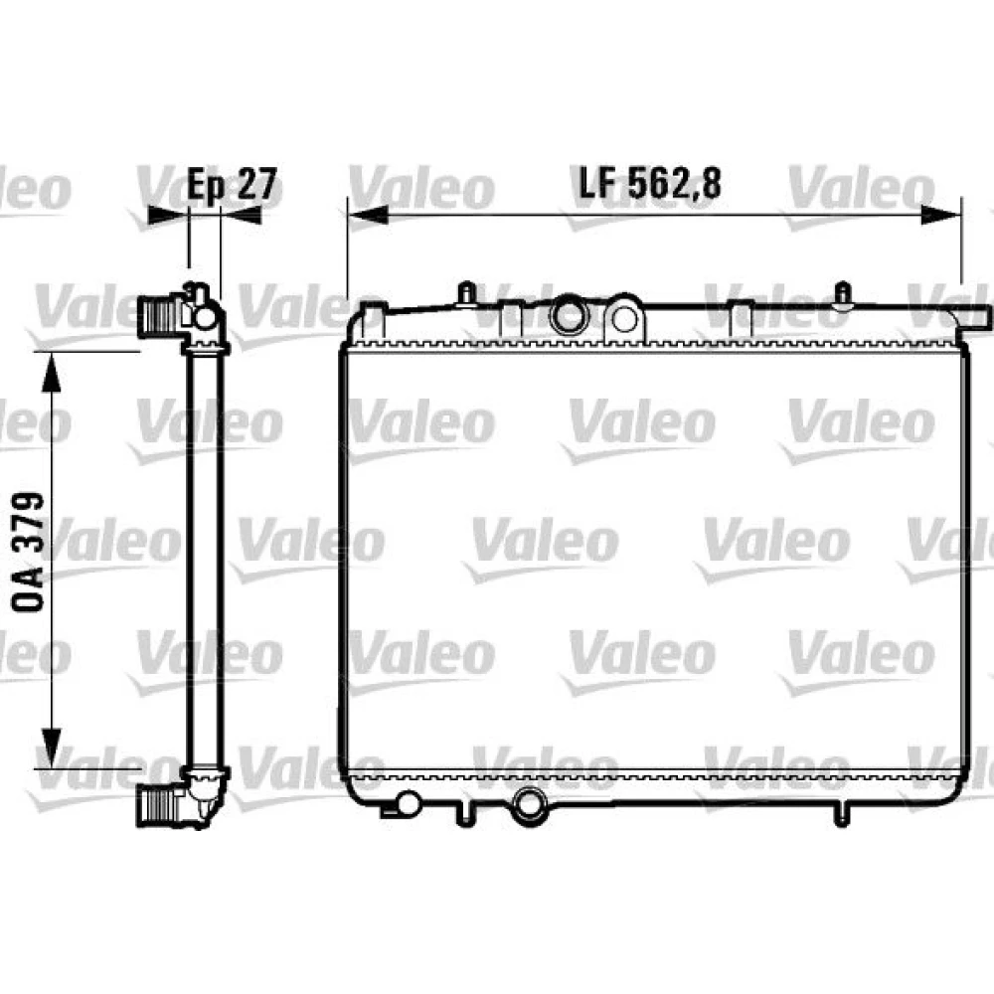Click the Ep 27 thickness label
[233, 185]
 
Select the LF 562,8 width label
[650, 183]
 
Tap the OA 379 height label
[29, 552]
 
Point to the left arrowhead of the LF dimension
[368, 215]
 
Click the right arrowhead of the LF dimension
[941, 215]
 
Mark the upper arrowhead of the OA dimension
[52, 374]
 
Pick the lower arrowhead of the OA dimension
[52, 747]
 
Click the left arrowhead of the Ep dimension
[168, 215]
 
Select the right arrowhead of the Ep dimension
[241, 215]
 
